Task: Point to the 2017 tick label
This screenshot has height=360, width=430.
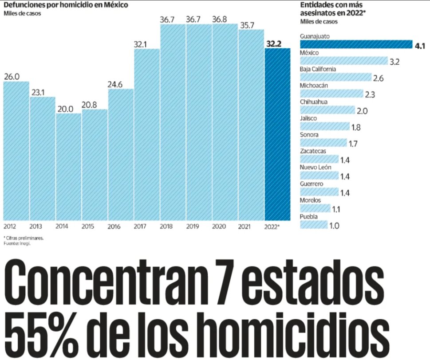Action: point(140,227)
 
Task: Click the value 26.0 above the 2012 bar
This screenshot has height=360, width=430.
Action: point(12,77)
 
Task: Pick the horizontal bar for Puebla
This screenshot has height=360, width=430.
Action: point(313,225)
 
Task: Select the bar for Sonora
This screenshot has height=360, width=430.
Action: point(323,143)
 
